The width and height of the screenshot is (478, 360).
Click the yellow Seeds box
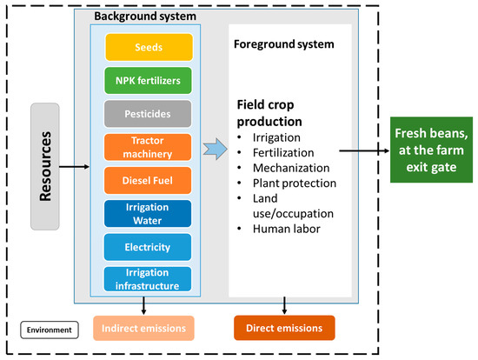pyautogui.click(x=149, y=47)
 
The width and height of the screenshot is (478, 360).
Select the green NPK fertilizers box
pyautogui.click(x=148, y=81)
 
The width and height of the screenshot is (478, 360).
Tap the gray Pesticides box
pyautogui.click(x=148, y=114)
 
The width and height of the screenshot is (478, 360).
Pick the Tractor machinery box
pyautogui.click(x=148, y=147)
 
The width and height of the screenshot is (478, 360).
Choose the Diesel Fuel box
pyautogui.click(x=148, y=180)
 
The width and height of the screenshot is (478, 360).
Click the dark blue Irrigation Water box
pyautogui.click(x=148, y=214)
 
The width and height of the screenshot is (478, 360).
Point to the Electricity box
pyautogui.click(x=148, y=247)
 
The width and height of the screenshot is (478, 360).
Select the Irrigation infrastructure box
pyautogui.click(x=148, y=279)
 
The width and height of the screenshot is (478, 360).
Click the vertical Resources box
pyautogui.click(x=45, y=167)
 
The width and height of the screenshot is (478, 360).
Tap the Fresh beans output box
pyautogui.click(x=431, y=150)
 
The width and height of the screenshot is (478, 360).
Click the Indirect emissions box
pyautogui.click(x=143, y=329)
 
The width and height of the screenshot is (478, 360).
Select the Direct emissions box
pyautogui.click(x=284, y=328)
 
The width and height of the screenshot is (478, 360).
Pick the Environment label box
pyautogui.click(x=50, y=330)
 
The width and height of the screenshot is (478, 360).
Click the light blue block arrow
pyautogui.click(x=216, y=149)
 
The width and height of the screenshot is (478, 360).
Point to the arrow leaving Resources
pyautogui.click(x=74, y=167)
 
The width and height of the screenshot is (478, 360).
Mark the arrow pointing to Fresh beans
pyautogui.click(x=364, y=150)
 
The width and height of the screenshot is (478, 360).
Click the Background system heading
pyautogui.click(x=145, y=17)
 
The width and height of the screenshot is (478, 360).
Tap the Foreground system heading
pyautogui.click(x=284, y=44)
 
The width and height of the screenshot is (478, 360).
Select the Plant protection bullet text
pyautogui.click(x=295, y=183)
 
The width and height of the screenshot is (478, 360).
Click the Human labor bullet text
pyautogui.click(x=287, y=229)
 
